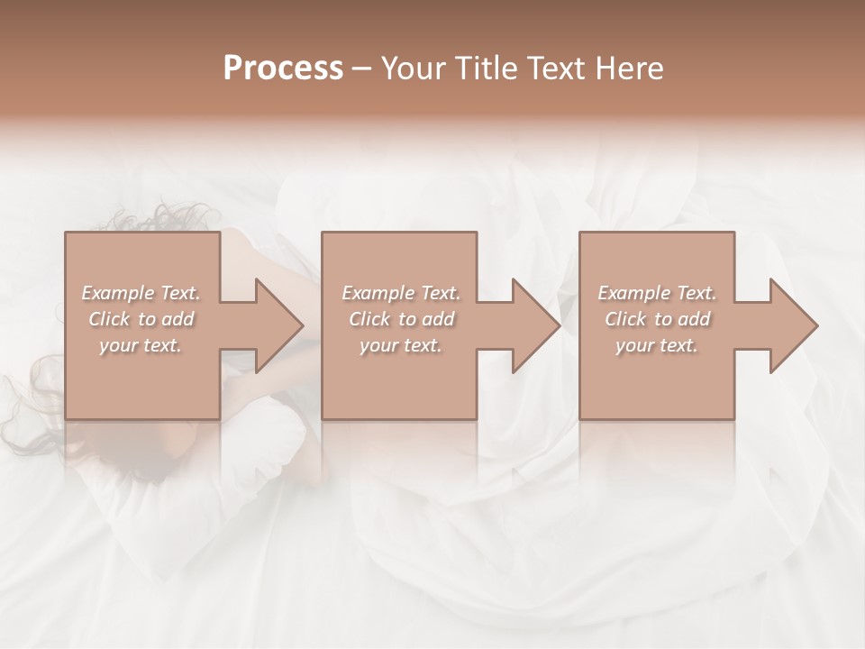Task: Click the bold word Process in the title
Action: (x=283, y=69)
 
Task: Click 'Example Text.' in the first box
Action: (x=141, y=293)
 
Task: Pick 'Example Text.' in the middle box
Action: (x=400, y=293)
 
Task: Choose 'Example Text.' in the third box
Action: (x=657, y=293)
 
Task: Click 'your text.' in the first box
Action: (x=141, y=345)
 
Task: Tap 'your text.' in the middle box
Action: (x=400, y=345)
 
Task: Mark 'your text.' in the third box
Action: (x=657, y=345)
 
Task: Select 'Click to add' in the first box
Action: (x=141, y=319)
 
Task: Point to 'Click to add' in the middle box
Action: (x=400, y=319)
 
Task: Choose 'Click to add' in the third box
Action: (x=657, y=319)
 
